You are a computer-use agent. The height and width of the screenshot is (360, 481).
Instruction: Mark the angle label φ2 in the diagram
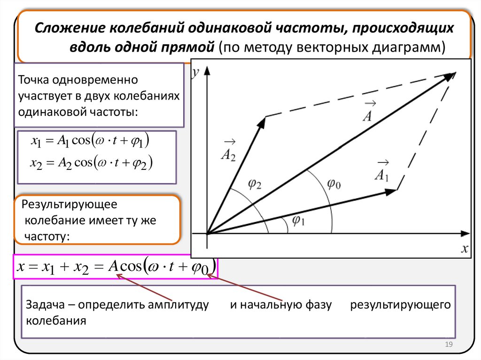coord(255,184)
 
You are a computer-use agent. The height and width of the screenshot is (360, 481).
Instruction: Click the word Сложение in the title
coord(70,28)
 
